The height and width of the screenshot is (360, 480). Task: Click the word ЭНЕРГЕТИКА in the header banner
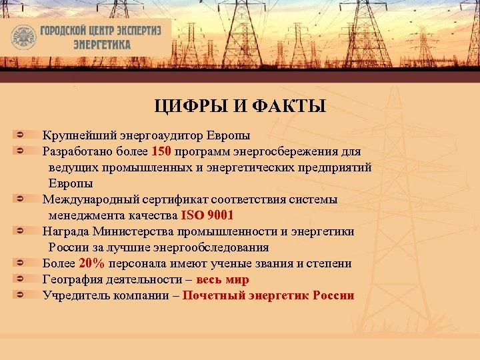pos(102,45)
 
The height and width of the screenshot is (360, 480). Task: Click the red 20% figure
pos(91,263)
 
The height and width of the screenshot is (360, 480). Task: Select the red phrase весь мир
pos(222,279)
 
